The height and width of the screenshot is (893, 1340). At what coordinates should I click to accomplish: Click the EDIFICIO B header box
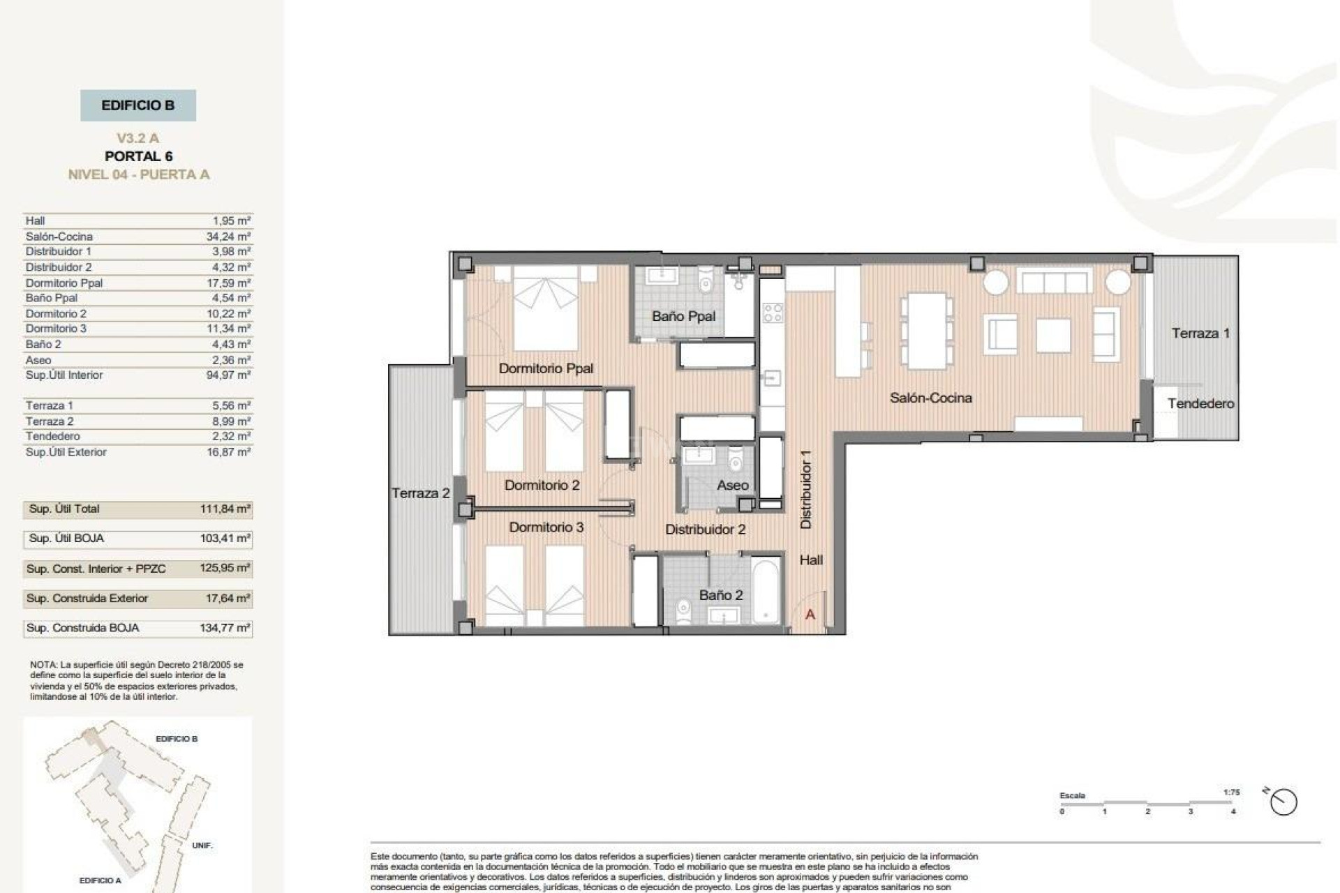[138, 105]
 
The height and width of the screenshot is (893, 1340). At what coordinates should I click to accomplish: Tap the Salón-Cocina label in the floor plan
[930, 398]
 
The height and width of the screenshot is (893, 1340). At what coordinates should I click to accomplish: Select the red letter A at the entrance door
[810, 615]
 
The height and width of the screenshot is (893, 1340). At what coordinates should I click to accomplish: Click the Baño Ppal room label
[683, 316]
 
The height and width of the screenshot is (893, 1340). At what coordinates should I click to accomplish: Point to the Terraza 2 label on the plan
[420, 493]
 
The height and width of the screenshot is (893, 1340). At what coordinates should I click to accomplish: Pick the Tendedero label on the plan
[1200, 403]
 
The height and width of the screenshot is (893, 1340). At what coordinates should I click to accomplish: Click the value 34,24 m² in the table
[228, 237]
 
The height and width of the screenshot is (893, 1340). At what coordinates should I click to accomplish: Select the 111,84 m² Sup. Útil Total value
[225, 509]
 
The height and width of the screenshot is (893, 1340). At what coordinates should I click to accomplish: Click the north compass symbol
[1283, 802]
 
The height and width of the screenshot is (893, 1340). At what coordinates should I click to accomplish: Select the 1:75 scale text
[1231, 793]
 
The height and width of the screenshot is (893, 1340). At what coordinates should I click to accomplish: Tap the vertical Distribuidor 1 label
[806, 488]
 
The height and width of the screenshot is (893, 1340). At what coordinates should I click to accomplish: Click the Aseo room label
[732, 485]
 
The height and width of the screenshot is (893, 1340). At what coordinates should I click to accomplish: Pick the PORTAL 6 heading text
[138, 156]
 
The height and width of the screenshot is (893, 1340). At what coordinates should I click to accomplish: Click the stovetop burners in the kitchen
[772, 313]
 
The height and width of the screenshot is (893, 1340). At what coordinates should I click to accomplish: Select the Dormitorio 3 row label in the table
[56, 329]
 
